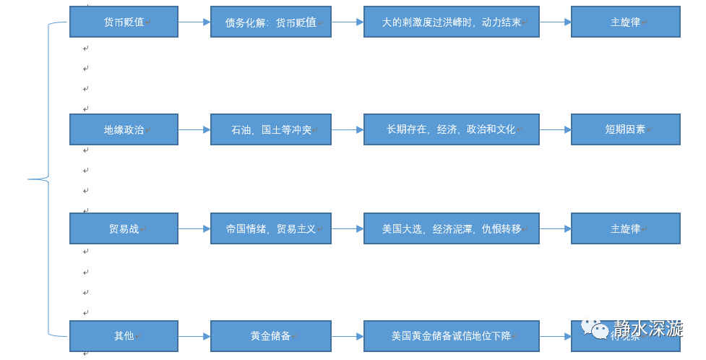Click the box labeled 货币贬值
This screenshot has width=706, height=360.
click(124, 22)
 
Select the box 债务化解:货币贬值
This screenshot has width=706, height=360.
click(271, 22)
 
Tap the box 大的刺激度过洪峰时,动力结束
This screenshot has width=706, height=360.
click(451, 22)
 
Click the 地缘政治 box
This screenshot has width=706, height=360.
click(124, 129)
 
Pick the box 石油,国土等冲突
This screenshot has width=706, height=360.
click(271, 129)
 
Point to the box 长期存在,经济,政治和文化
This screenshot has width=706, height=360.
click(451, 129)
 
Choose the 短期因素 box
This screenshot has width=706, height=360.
click(625, 129)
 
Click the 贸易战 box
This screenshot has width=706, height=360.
click(124, 228)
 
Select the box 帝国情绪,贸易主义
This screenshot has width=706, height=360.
click(271, 228)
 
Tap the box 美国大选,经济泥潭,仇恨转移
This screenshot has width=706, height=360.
click(451, 228)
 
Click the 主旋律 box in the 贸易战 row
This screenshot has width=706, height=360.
click(625, 228)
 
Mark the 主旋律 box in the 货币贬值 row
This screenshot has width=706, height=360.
click(625, 22)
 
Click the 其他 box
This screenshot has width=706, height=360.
click(124, 335)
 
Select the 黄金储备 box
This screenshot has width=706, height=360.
click(271, 335)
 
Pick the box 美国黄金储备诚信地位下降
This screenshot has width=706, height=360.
click(451, 335)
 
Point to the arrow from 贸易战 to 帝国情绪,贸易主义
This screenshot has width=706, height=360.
click(194, 228)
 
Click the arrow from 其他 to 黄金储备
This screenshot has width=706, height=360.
click(194, 335)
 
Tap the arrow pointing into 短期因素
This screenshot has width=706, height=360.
click(555, 129)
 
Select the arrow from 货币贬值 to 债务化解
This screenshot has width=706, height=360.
click(194, 22)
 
